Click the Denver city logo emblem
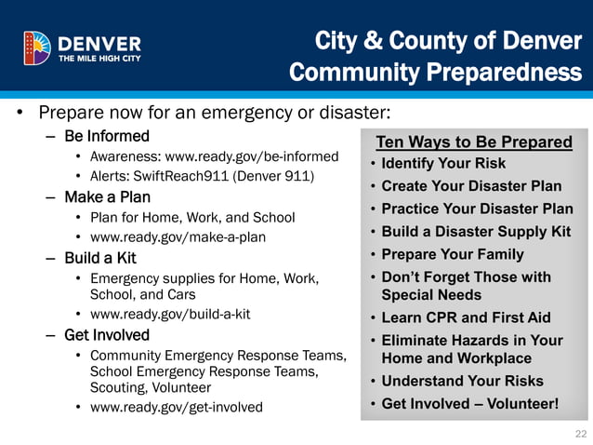[37, 47]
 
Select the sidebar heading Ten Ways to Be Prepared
[473, 142]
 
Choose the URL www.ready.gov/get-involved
[176, 407]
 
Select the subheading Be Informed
[107, 137]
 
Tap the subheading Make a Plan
[107, 197]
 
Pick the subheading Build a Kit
[100, 257]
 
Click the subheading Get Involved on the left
[107, 335]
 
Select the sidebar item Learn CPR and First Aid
[466, 317]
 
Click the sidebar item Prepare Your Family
[453, 254]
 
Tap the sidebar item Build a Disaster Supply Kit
[476, 232]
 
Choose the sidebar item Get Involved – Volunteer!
[470, 404]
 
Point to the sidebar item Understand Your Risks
[462, 381]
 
